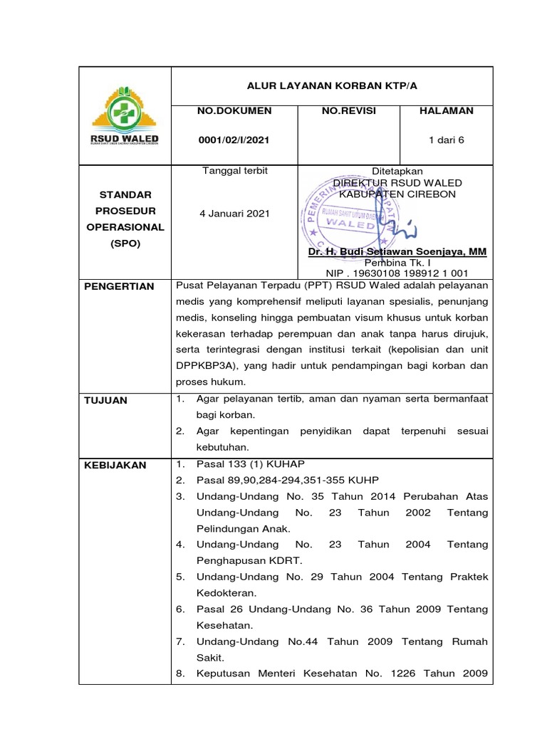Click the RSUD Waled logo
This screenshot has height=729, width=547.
(125, 115)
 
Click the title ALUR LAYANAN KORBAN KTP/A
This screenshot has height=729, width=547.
(331, 85)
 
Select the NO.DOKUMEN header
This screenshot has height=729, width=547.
(234, 111)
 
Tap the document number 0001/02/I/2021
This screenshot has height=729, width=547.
(234, 140)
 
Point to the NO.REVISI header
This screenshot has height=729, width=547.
(349, 111)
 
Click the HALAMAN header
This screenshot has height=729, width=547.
(446, 111)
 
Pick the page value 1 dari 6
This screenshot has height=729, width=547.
(446, 140)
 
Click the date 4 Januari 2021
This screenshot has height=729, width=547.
(234, 214)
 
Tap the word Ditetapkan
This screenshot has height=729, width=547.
(397, 172)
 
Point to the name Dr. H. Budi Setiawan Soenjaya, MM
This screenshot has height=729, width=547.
(397, 252)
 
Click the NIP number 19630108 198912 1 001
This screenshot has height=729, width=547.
(397, 272)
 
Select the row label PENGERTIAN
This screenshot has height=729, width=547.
(119, 286)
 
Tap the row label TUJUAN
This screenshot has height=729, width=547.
(106, 400)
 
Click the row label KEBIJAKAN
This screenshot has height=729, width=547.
(115, 465)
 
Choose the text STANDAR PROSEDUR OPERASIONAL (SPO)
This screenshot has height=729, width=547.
(125, 219)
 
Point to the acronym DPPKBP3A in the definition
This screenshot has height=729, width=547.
(207, 366)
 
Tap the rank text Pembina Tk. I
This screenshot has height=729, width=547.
(397, 262)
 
